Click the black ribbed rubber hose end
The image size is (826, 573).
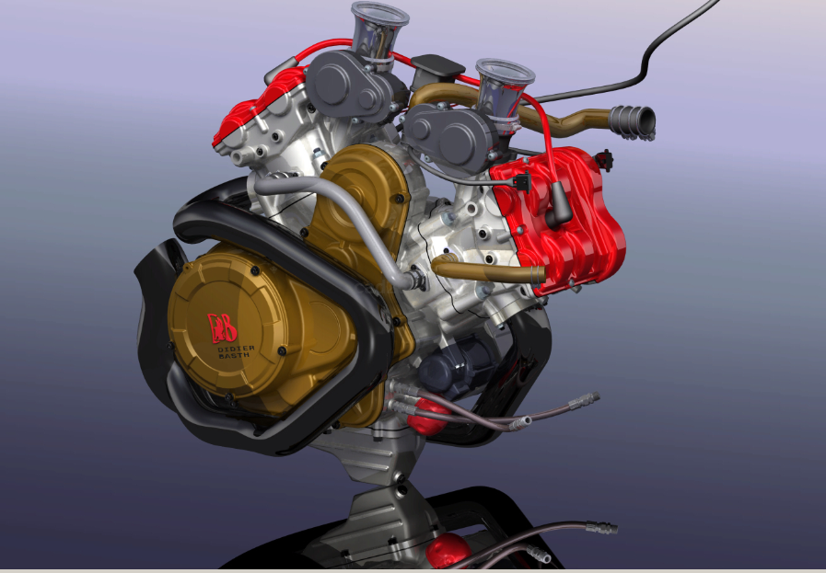[634, 119]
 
